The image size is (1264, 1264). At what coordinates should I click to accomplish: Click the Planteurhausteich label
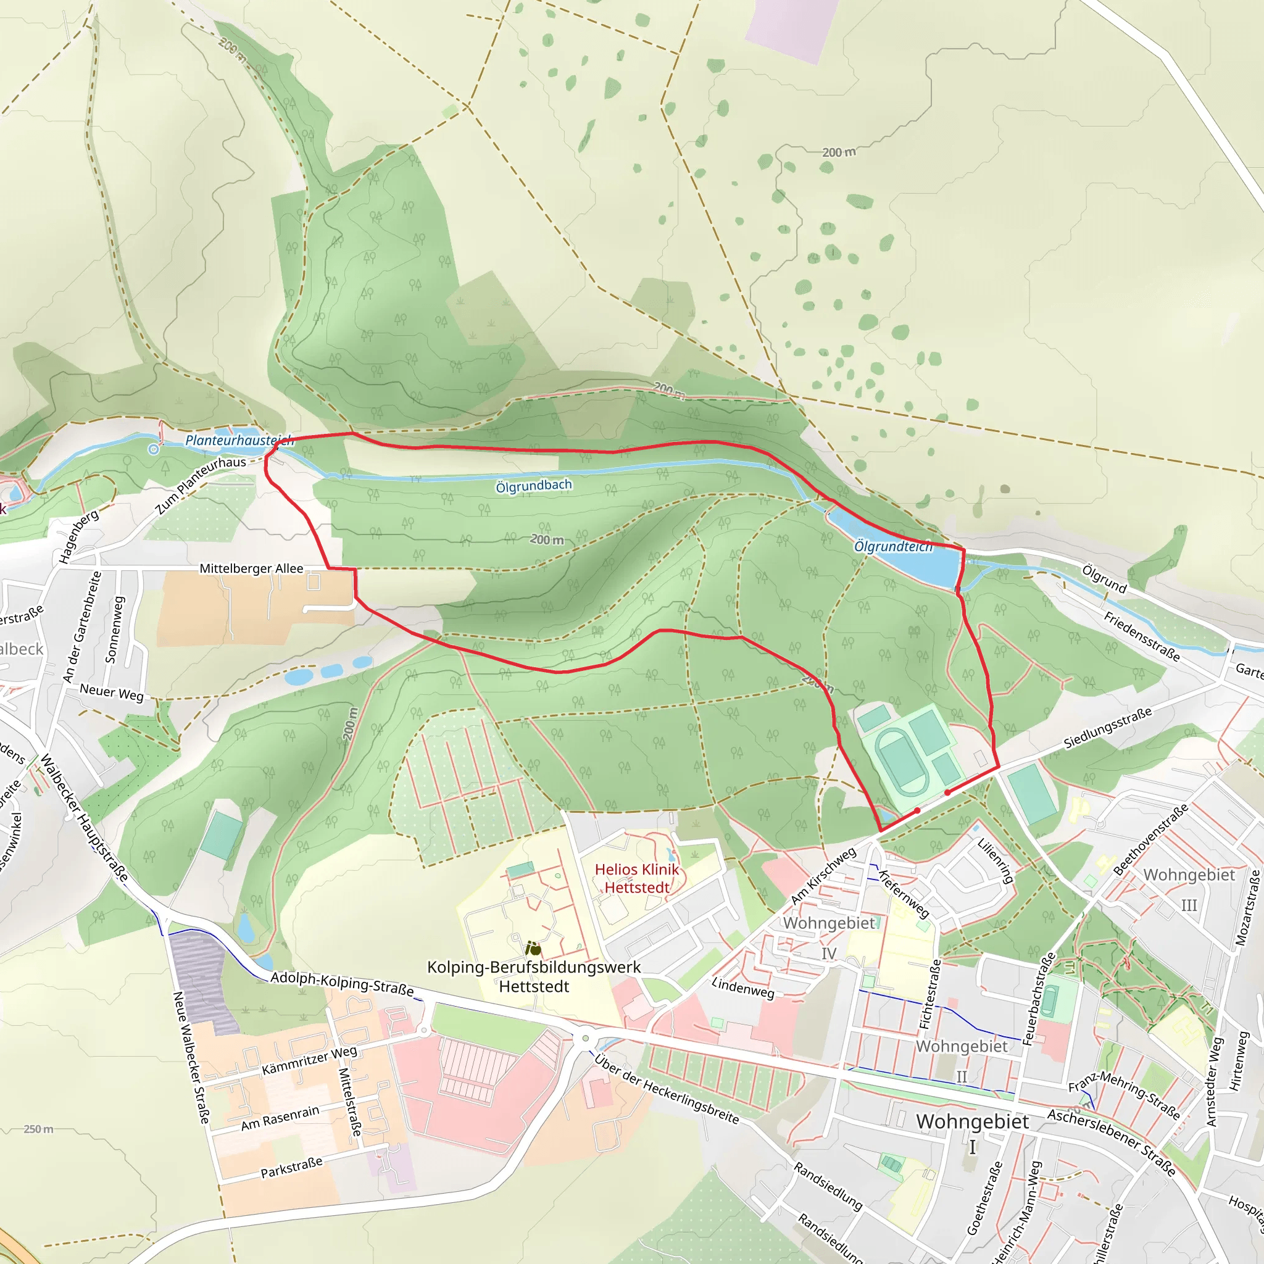(x=239, y=440)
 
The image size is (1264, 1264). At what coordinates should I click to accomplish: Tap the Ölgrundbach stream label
(x=533, y=486)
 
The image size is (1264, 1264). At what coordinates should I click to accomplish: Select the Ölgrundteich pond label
(x=892, y=546)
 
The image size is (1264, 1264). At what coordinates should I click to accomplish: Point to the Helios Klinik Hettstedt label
(x=636, y=879)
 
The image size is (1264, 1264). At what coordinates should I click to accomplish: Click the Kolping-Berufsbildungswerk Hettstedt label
(x=533, y=976)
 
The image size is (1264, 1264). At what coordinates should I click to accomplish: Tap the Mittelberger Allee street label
(x=251, y=568)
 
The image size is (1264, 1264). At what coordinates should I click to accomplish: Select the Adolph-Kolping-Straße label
(x=341, y=983)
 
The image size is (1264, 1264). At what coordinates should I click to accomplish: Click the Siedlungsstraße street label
(x=1107, y=728)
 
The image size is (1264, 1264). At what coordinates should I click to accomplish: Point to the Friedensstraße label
(x=1142, y=636)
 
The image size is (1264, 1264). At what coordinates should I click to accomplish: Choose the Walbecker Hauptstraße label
(x=84, y=818)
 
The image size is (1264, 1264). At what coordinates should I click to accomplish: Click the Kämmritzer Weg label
(x=309, y=1060)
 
